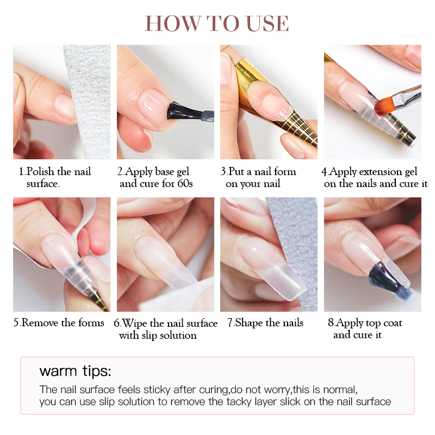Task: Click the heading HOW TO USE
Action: [x=216, y=23]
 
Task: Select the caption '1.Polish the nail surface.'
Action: [x=55, y=177]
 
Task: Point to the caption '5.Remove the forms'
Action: [x=59, y=322]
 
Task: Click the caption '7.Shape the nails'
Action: [x=265, y=323]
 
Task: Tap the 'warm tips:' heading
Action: [x=75, y=371]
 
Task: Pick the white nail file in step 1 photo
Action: [x=89, y=100]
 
